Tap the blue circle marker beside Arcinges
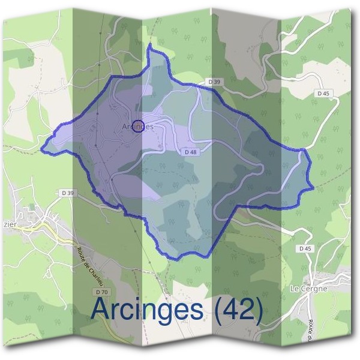pyautogui.click(x=137, y=125)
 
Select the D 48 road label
pyautogui.click(x=191, y=152)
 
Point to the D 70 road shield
pyautogui.click(x=103, y=292)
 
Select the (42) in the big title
pyautogui.click(x=238, y=311)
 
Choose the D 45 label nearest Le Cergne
pyautogui.click(x=305, y=248)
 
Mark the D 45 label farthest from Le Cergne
pyautogui.click(x=323, y=93)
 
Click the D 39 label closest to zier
pyautogui.click(x=67, y=193)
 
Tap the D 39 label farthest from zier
pyautogui.click(x=214, y=81)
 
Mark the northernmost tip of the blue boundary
pyautogui.click(x=149, y=45)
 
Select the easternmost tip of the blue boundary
pyautogui.click(x=313, y=188)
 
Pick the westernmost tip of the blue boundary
pyautogui.click(x=41, y=147)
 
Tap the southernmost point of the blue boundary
pyautogui.click(x=178, y=259)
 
